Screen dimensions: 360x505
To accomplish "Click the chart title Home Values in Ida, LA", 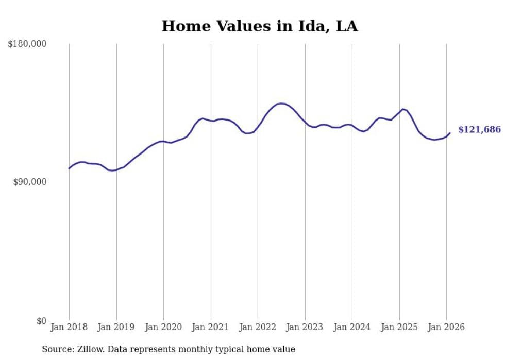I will coord(260,26).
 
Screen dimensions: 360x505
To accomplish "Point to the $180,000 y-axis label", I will coord(27,44).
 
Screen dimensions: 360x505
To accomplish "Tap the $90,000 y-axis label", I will coord(29,182).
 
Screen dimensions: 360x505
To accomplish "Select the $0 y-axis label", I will coord(41,321).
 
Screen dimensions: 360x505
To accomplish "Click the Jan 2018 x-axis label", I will coord(69,327).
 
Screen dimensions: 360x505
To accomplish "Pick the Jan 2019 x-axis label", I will coord(116,327).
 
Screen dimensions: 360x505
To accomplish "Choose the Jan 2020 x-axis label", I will coord(163,327).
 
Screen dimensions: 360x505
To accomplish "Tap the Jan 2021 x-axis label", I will coord(210,327).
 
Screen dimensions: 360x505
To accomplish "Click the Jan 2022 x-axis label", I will coord(258,327).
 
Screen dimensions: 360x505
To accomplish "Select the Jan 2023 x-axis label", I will coord(305,327).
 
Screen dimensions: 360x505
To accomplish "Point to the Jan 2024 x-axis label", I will coord(352,327).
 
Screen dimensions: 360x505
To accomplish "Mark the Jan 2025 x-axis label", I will coord(399,327).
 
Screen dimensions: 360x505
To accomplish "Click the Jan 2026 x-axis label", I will coord(446,327).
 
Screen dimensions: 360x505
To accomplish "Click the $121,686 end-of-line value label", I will coord(479,130).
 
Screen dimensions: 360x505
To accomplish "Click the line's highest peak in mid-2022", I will coord(281,104).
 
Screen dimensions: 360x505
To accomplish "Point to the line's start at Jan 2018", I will coord(69,168).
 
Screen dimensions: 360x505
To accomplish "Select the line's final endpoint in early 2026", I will coord(450,133).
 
